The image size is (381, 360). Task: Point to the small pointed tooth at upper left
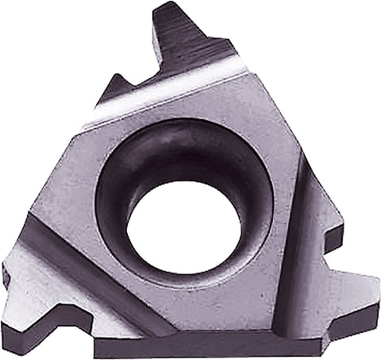pyautogui.click(x=118, y=76)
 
